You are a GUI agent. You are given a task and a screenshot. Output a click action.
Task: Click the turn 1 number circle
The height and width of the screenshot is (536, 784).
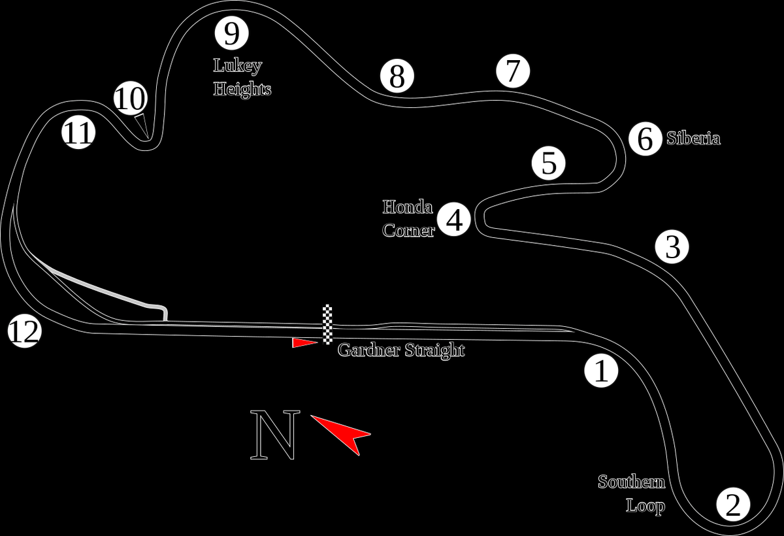tap(601, 371)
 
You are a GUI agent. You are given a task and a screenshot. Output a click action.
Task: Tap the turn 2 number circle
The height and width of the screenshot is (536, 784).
tap(733, 505)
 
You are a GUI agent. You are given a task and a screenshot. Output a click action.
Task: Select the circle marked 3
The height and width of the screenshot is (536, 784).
tap(672, 247)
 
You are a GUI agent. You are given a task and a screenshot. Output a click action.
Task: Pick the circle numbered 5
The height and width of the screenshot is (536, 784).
tap(549, 163)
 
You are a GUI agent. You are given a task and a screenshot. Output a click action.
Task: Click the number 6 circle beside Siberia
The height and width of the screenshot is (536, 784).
tap(645, 139)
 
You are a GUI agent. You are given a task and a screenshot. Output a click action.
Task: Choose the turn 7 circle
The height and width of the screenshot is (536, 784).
tap(513, 70)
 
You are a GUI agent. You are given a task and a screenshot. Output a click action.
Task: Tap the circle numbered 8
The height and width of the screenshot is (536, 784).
tap(397, 76)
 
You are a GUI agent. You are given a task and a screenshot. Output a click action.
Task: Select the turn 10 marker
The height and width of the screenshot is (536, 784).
tap(131, 99)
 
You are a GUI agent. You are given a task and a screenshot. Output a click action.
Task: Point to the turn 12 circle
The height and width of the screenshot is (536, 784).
tap(24, 332)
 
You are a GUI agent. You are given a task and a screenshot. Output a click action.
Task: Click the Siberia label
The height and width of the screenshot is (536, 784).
tap(693, 139)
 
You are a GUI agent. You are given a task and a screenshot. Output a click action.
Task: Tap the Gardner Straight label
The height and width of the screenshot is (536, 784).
tap(400, 350)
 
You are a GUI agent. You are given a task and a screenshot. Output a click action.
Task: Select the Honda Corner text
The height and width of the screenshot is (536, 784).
tap(408, 219)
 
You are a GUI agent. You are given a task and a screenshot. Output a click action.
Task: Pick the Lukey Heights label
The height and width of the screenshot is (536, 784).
tap(242, 77)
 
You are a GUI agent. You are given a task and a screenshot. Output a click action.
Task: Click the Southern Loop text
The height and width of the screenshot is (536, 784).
tap(632, 494)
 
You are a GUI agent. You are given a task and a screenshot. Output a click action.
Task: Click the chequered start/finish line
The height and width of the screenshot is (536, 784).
tap(327, 324)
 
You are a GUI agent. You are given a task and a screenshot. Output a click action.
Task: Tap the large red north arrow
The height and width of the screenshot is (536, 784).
tap(342, 433)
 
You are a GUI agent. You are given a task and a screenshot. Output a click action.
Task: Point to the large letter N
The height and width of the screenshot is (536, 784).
tap(275, 435)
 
